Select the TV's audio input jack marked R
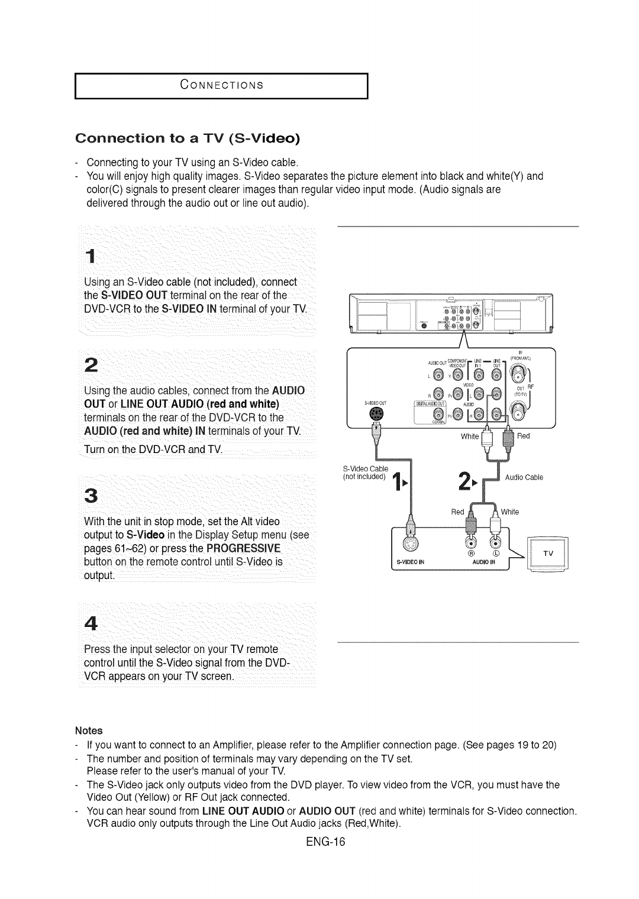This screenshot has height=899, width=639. click(472, 544)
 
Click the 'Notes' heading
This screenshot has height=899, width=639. click(89, 730)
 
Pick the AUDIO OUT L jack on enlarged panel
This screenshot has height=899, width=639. click(438, 374)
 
